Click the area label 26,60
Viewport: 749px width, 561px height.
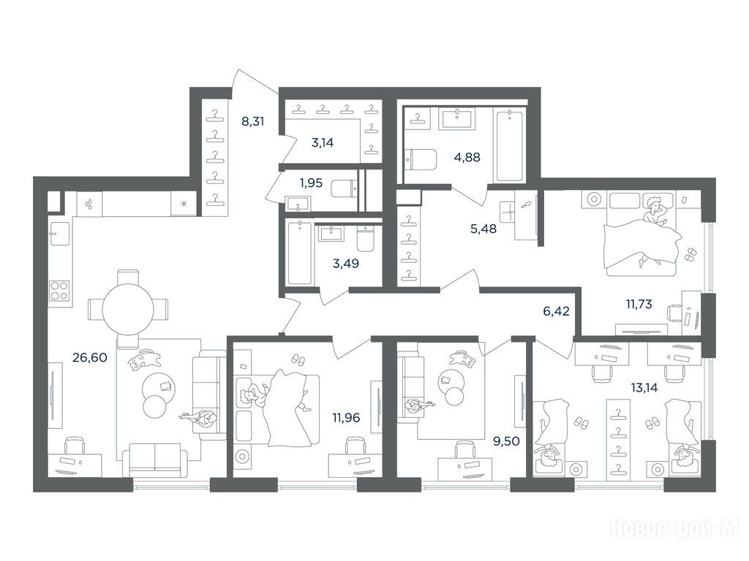89,356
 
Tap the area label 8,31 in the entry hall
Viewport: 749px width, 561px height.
252,121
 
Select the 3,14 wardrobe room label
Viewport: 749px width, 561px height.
323,142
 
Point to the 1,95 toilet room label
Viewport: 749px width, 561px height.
311,183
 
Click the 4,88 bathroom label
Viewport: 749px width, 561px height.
467,157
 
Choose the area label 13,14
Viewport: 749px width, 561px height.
644,387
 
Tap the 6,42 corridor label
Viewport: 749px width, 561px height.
557,311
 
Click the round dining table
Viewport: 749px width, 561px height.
128,309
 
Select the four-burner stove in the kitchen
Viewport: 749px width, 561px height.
59,291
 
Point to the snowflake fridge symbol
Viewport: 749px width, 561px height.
184,204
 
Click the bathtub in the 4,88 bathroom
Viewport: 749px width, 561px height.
510,145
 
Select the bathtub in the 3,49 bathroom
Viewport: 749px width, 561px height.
299,253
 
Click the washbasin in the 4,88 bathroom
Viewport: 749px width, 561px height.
458,118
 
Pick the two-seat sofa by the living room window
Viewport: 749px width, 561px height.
154,460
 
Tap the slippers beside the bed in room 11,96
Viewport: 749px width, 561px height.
298,359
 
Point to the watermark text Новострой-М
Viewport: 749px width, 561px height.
675,528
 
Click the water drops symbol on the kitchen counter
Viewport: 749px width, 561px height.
89,205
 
